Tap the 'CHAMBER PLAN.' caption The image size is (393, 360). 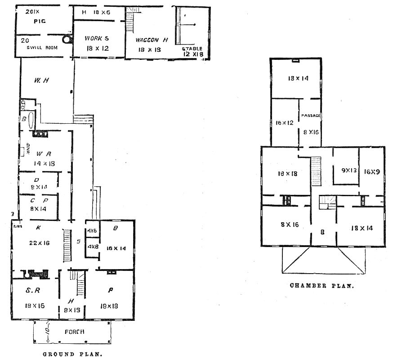(322, 285)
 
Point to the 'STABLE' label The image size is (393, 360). (192, 49)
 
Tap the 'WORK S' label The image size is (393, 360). (97, 39)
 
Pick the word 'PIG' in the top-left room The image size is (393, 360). (40, 21)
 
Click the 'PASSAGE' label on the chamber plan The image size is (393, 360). (311, 116)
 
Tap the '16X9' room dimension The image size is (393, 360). (371, 171)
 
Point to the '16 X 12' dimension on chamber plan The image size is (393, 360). (284, 122)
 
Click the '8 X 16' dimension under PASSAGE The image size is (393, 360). (311, 132)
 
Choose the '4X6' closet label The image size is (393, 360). (92, 231)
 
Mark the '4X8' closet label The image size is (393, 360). (93, 247)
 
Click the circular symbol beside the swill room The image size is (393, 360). (67, 40)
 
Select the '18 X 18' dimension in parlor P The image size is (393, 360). (110, 306)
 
